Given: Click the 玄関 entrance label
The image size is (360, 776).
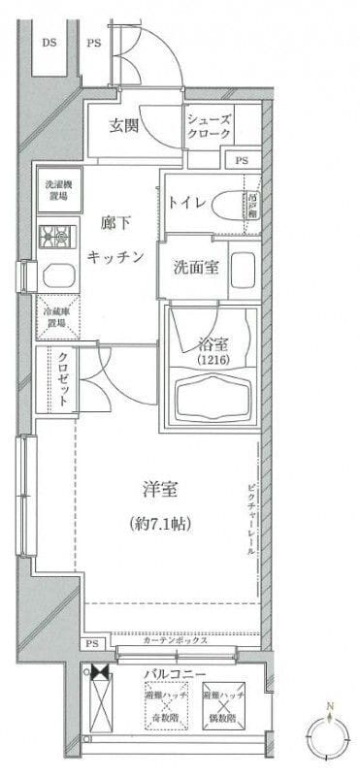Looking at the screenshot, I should coord(122,126).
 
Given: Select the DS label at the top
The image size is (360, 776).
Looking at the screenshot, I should coord(49,42).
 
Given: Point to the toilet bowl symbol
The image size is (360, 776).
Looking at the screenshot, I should coord(229,205).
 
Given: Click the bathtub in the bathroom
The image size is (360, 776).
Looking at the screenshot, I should coord(213,397).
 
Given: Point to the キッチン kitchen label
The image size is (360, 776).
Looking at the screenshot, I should coord(115,256).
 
